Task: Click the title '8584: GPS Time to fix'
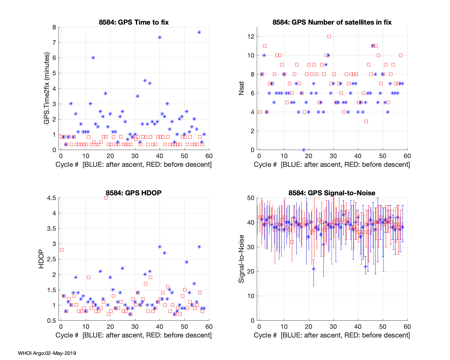tap(134, 22)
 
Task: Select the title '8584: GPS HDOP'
tap(133, 193)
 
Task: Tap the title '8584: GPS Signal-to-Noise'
tap(332, 193)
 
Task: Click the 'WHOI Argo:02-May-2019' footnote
tap(47, 353)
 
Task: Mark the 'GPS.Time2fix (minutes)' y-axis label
tap(47, 88)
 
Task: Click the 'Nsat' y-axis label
tap(241, 88)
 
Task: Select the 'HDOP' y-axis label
tap(41, 259)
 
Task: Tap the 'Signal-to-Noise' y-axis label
tap(241, 259)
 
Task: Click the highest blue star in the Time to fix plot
tap(199, 32)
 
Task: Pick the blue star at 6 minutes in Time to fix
tap(93, 58)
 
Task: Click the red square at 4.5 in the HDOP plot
tap(106, 198)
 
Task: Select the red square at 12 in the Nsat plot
tap(329, 37)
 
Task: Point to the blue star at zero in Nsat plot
tap(304, 150)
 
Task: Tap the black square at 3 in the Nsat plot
tap(366, 121)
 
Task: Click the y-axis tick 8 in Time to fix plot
tap(54, 27)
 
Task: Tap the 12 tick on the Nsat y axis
tap(251, 37)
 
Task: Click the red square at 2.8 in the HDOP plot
tap(61, 250)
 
